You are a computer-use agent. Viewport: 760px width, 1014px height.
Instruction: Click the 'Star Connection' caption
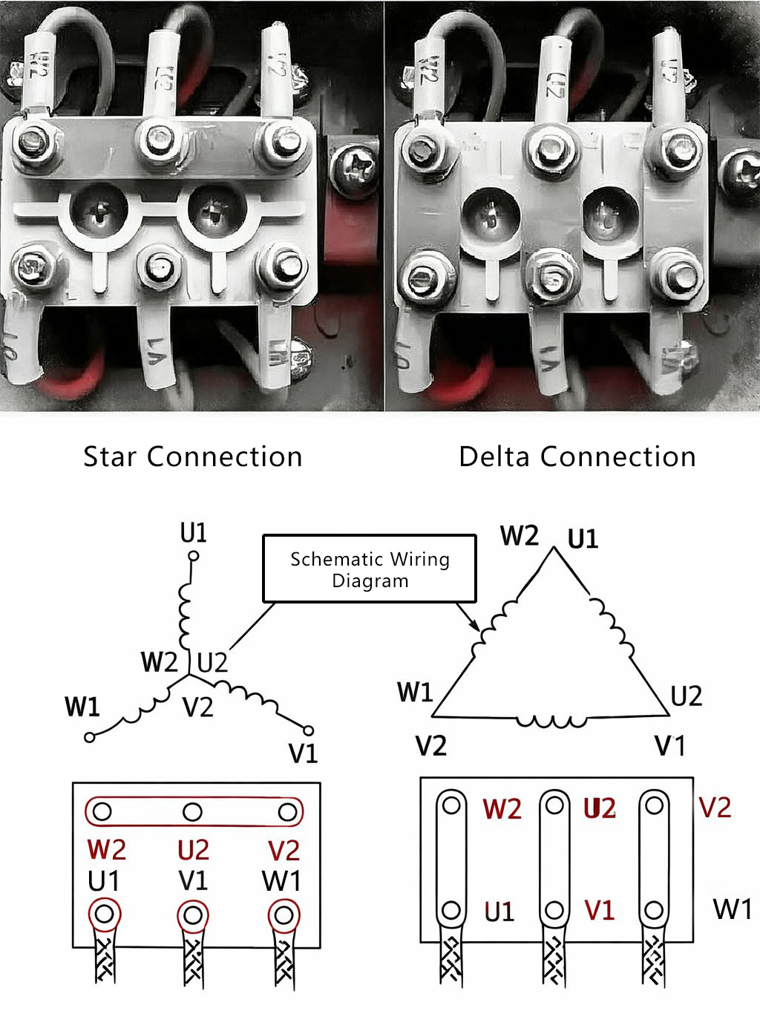pos(192,457)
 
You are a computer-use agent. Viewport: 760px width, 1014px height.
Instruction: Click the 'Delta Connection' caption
pos(577,457)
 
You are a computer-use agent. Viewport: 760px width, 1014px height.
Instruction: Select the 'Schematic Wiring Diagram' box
pos(370,569)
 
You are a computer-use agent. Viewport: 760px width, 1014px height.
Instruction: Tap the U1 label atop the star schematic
pos(194,533)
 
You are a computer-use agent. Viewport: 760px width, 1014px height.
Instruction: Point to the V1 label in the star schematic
pos(303,754)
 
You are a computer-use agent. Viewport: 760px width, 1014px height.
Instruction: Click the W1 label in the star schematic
pos(82,707)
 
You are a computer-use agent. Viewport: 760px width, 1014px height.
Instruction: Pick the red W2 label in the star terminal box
pos(107,849)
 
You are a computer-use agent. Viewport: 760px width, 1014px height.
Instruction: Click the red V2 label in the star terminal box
pos(284,850)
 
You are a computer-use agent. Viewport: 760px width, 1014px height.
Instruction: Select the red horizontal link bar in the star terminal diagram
pos(194,811)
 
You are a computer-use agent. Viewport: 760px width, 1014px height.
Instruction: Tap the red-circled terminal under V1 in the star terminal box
pos(193,915)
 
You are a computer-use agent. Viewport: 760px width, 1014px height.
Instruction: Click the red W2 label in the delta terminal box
pos(502,808)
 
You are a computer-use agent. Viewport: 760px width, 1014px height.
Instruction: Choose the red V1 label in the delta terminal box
pos(600,910)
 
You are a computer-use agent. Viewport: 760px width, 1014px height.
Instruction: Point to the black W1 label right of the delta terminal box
pos(732,909)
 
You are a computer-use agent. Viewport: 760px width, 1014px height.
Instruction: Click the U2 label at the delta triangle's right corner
pos(686,696)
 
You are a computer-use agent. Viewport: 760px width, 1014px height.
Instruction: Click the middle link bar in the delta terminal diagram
pos(554,857)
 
